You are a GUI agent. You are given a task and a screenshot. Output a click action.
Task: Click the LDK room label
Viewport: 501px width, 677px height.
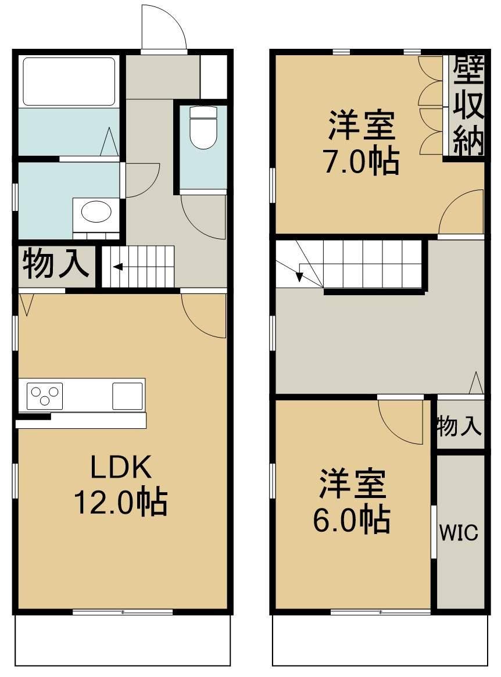(x=120, y=467)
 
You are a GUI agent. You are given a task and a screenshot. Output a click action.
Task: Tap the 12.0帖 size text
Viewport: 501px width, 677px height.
(x=120, y=502)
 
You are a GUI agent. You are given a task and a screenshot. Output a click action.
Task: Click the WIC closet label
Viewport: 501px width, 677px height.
(x=459, y=532)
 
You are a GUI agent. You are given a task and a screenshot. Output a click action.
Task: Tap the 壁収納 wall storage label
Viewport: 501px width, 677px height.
(x=468, y=107)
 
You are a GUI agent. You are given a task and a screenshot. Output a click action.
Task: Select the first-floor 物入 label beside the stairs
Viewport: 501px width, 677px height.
(x=55, y=264)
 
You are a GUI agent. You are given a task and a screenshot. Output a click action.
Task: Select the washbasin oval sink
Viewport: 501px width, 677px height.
(x=95, y=212)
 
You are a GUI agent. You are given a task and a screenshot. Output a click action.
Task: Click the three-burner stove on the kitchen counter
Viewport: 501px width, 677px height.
(x=45, y=396)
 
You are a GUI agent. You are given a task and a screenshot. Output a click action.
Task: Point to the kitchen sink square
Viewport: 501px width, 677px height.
(x=127, y=396)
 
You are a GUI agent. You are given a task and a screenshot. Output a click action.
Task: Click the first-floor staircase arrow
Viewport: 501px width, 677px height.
(x=118, y=267)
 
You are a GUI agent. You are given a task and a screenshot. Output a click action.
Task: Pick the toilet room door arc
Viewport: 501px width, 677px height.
(x=203, y=216)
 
